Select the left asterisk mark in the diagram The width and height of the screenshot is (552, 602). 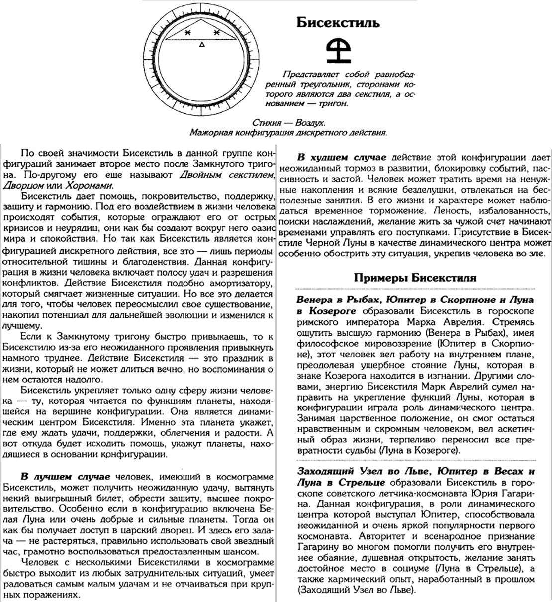tap(187, 33)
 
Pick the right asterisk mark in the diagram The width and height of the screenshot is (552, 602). tap(217, 33)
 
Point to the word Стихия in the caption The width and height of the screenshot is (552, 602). tap(266, 122)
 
